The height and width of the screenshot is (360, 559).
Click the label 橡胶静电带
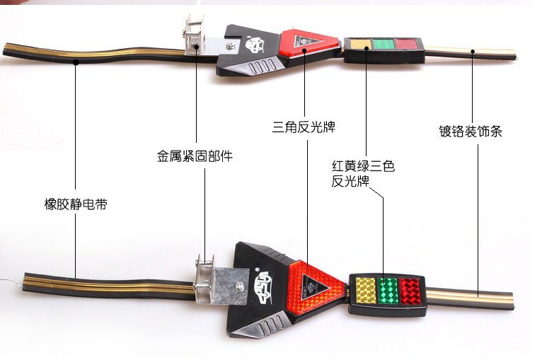76,204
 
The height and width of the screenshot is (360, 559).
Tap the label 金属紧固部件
195,156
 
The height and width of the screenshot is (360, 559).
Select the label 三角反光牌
304,127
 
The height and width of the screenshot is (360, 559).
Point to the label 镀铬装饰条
471,131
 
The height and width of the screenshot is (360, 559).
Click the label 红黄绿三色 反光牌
363,173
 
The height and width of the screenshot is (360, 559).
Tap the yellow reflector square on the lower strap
366,291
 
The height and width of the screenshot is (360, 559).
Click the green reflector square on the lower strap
388,291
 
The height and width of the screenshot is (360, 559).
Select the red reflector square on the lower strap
409,291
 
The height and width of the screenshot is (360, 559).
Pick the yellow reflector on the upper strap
360,44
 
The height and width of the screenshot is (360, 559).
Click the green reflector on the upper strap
384,44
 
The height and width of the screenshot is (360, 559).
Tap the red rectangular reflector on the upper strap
406,44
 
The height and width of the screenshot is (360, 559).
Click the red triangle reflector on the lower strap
316,287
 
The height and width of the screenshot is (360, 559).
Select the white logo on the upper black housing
255,45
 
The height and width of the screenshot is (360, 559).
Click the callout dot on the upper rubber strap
76,62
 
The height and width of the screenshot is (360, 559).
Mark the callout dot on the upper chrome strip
473,52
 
